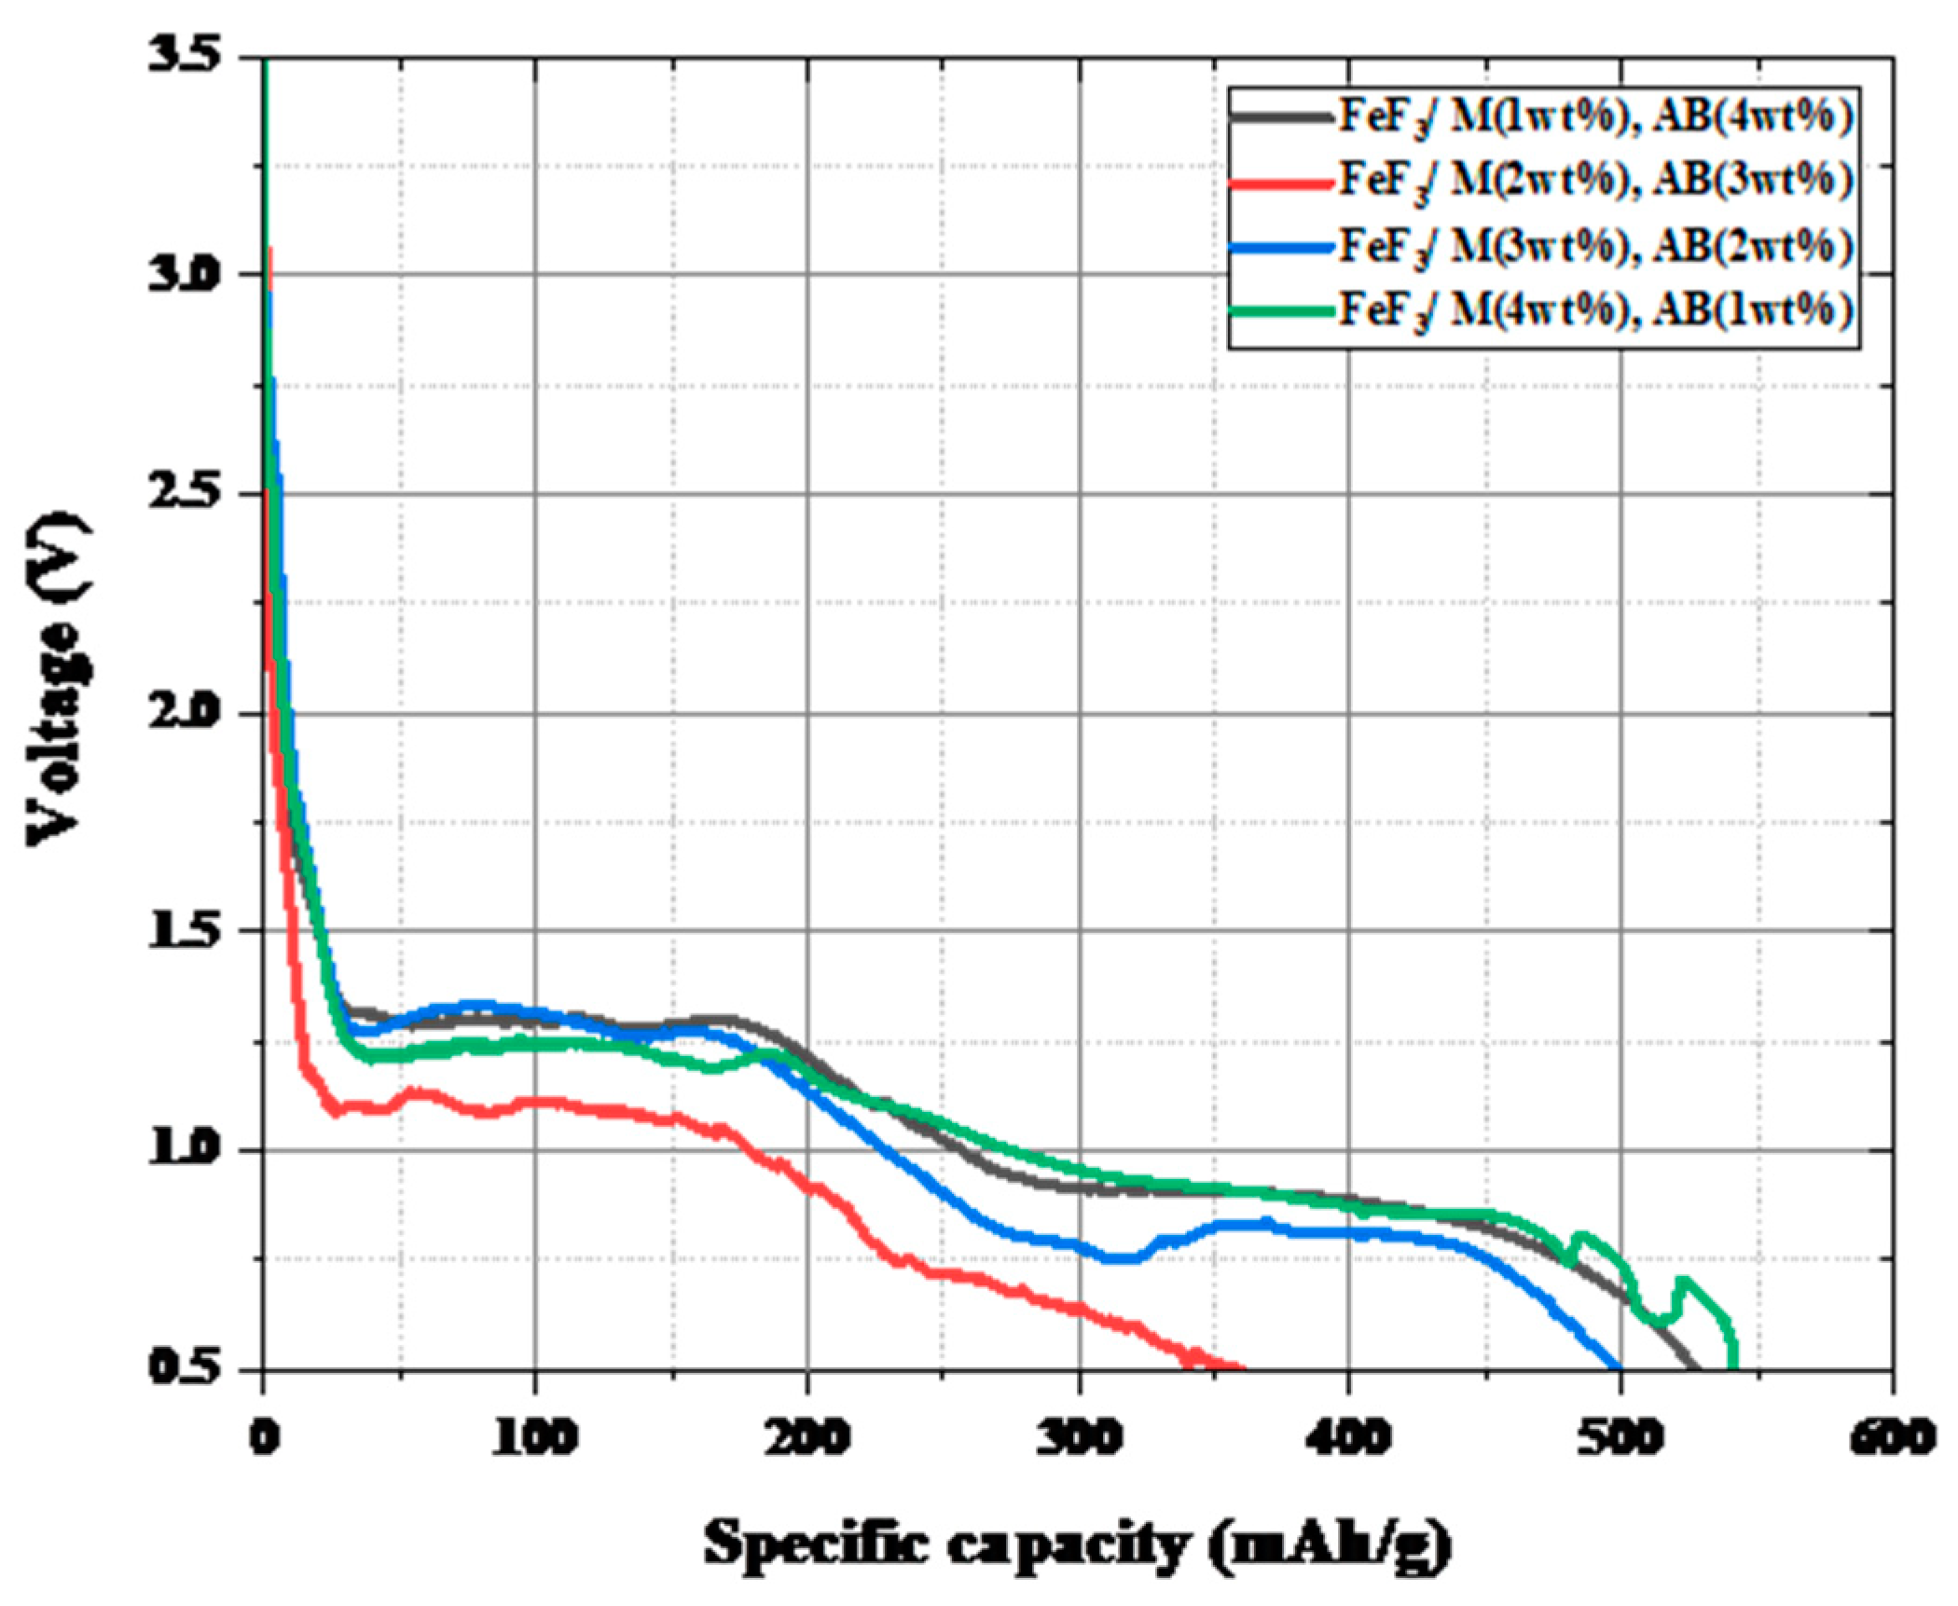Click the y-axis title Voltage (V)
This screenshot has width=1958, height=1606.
(58, 678)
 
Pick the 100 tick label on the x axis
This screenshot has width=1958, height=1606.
(534, 1438)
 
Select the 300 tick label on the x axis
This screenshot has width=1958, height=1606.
(1079, 1438)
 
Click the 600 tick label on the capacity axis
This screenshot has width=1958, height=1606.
(1893, 1438)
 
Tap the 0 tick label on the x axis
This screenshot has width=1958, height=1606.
(264, 1438)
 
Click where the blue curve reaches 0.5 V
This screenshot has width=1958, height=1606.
(1619, 1367)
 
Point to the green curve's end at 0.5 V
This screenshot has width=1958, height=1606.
(1732, 1366)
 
